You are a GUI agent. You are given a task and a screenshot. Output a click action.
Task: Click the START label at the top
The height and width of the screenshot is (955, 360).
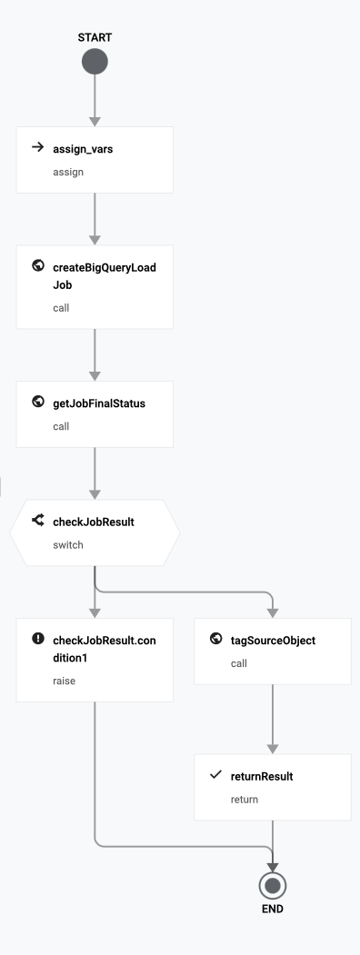coord(95,37)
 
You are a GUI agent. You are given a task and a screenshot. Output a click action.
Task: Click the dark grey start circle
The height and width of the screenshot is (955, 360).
coord(95,62)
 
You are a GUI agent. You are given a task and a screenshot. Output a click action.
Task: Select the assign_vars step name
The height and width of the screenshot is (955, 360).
coord(83,149)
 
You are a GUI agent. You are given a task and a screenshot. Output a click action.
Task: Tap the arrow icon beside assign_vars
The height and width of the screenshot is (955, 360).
coord(38,148)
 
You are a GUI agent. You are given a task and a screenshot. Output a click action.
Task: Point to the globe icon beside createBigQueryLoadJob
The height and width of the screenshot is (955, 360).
coord(38,266)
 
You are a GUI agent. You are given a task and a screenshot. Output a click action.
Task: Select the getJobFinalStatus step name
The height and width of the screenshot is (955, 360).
coord(99,403)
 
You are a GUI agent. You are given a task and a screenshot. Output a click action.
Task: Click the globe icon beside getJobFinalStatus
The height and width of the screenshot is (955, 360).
coord(38,403)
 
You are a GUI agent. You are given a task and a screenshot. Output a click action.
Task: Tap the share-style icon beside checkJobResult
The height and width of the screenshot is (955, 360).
coord(38,521)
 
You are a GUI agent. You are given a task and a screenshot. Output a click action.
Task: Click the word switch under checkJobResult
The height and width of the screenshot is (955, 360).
coord(68,544)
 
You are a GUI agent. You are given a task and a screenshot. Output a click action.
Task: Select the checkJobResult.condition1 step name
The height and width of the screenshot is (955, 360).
coord(104,649)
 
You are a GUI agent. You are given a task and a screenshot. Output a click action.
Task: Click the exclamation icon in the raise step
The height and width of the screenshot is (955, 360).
coord(38,639)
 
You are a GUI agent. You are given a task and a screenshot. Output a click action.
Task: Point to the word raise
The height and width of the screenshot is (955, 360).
coord(65,680)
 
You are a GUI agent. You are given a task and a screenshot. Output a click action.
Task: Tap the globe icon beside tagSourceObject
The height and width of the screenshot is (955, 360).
coord(215,639)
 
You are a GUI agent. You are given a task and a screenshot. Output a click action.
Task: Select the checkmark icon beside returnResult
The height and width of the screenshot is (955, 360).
coord(215,775)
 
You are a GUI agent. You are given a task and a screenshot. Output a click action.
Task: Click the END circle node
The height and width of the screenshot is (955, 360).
coord(273,884)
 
